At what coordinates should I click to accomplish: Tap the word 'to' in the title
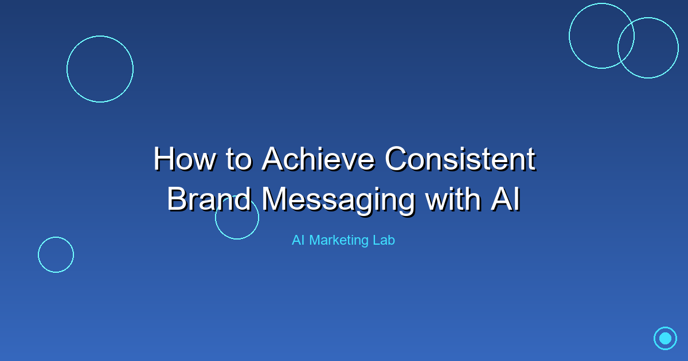click(x=239, y=159)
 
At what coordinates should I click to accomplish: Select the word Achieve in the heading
click(x=319, y=159)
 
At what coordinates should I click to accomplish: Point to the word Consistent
click(x=460, y=159)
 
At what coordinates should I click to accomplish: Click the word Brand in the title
click(x=209, y=199)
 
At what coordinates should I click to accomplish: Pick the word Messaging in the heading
click(x=338, y=199)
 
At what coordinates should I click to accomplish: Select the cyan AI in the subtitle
click(x=298, y=241)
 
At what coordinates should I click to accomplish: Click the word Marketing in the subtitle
click(x=339, y=241)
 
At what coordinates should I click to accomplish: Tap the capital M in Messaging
click(x=276, y=199)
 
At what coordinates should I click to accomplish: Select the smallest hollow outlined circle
click(x=56, y=254)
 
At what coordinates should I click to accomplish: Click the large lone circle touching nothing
click(x=100, y=69)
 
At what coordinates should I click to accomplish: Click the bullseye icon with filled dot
click(x=665, y=338)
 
